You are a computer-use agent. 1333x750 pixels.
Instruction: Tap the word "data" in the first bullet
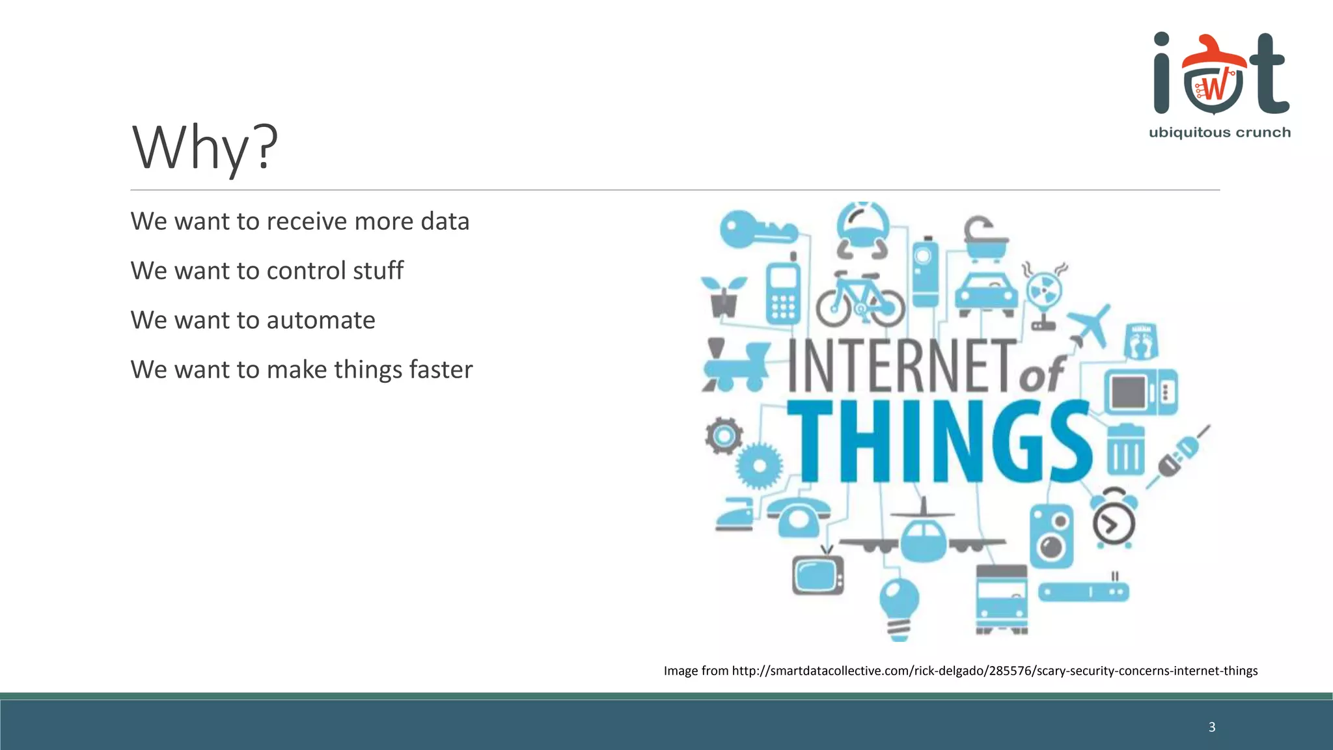click(445, 221)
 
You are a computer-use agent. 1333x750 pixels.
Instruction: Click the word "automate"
click(321, 320)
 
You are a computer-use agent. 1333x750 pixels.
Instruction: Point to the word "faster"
click(441, 370)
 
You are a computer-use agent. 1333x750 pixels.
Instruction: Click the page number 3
click(1212, 727)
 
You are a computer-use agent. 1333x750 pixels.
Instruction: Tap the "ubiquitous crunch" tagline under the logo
click(1220, 133)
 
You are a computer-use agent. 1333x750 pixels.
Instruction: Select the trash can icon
click(1125, 449)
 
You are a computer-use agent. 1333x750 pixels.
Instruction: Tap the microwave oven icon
click(1140, 392)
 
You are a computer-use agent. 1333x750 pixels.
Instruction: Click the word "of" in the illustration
click(1041, 374)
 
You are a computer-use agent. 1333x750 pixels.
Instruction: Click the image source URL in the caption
click(995, 671)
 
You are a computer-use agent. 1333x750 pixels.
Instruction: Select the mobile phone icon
click(783, 293)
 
